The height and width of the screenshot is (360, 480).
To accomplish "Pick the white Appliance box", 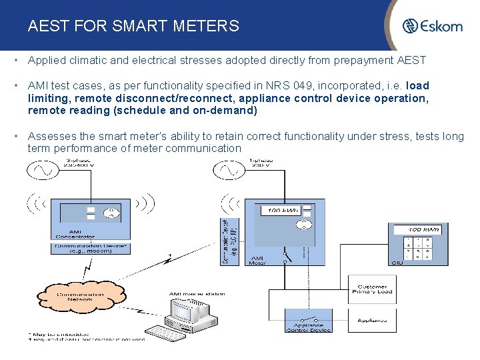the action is click(372, 320).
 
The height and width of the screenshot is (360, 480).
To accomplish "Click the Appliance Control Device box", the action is click(308, 323).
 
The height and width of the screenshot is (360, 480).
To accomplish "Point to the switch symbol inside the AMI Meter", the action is click(287, 255).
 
